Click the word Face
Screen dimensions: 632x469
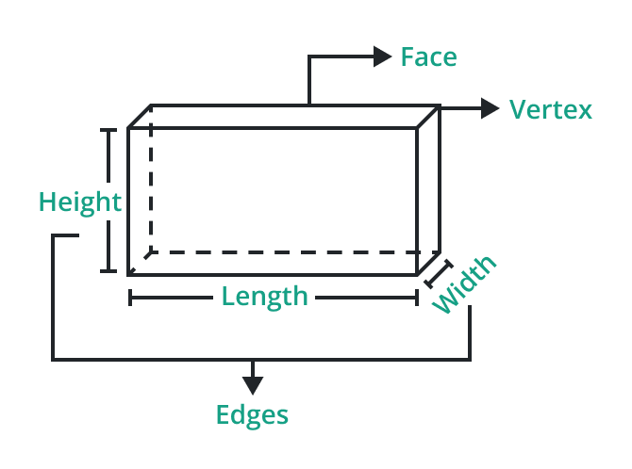point(428,57)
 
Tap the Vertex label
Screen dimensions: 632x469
point(551,110)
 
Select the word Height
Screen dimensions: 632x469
point(79,202)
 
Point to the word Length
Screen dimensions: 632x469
point(265,297)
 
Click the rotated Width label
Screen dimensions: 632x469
point(465,284)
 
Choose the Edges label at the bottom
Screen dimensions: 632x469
point(252,414)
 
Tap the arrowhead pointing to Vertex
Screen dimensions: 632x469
point(490,108)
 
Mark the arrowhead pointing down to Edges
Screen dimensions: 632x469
point(252,384)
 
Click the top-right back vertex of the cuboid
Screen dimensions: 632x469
point(440,106)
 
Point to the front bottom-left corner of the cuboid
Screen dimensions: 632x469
point(129,274)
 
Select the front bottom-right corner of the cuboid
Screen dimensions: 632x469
point(417,274)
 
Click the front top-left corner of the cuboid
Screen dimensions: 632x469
point(129,128)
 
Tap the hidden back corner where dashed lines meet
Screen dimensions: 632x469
point(152,252)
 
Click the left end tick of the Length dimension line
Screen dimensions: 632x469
point(130,298)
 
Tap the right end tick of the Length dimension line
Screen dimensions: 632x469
point(417,298)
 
